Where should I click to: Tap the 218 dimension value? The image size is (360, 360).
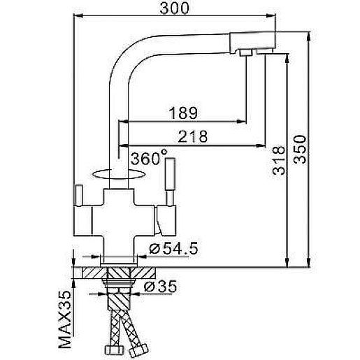(x=193, y=138)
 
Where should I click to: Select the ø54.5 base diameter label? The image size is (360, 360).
(x=171, y=249)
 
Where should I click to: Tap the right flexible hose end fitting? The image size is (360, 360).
(x=142, y=350)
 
